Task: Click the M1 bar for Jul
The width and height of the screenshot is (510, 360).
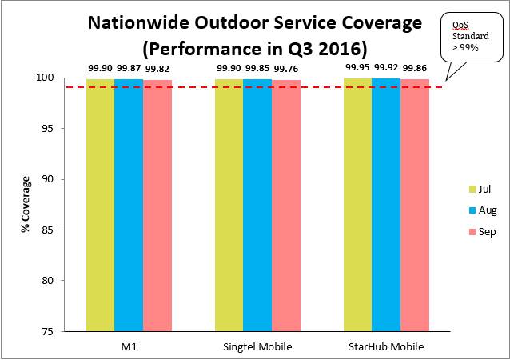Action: (x=100, y=204)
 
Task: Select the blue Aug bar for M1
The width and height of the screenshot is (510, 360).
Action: (x=129, y=204)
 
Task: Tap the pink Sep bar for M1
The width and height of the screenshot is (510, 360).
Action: (x=157, y=204)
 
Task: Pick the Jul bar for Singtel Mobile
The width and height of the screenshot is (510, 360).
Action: (x=229, y=204)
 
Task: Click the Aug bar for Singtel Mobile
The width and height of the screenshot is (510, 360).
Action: (x=257, y=204)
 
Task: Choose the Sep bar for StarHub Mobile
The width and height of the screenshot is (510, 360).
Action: (x=415, y=204)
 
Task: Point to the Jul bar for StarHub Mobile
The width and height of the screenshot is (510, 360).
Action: (x=357, y=204)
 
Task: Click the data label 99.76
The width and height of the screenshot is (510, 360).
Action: (x=285, y=69)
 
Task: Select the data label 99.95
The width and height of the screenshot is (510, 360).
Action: (x=357, y=69)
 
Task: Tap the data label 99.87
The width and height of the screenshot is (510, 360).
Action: (x=129, y=69)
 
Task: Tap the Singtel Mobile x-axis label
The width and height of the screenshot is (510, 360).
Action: (x=257, y=346)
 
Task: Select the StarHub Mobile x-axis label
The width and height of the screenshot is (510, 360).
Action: (x=386, y=346)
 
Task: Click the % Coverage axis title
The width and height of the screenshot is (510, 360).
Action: (x=26, y=205)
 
